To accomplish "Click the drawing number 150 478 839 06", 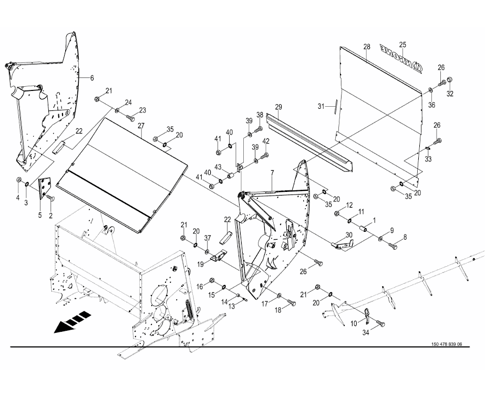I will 446,344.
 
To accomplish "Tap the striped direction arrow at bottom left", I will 71,321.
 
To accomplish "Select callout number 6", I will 92,78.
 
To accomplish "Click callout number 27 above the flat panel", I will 141,126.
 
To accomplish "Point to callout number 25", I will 403,44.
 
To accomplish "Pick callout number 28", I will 367,47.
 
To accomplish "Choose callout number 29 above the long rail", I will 278,107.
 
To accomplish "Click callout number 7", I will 272,173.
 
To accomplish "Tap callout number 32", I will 450,94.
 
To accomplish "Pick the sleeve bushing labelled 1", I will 363,229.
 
